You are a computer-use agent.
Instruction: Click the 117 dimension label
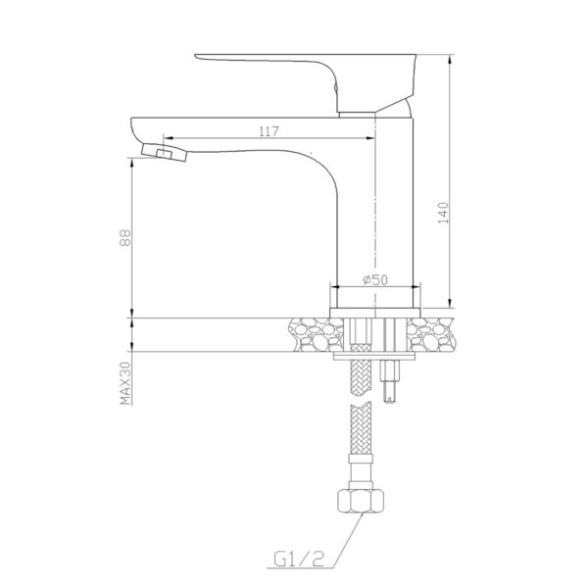point(269,131)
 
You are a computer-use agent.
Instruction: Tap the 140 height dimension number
point(443,213)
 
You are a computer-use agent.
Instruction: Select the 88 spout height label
point(125,238)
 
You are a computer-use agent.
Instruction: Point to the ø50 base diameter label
point(375,279)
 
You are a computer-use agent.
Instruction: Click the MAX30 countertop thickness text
point(125,383)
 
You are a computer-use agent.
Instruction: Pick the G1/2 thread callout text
point(299,561)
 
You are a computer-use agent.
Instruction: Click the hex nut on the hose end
point(361,501)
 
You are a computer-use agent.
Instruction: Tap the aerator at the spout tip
point(164,152)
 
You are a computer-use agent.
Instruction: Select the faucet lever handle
point(306,82)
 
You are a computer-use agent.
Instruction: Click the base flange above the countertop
point(375,313)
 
